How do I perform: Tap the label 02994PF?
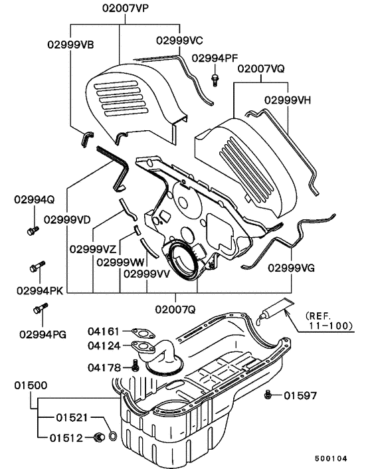pyautogui.click(x=214, y=58)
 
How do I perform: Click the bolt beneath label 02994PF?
pyautogui.click(x=215, y=80)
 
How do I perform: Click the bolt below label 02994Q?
pyautogui.click(x=31, y=232)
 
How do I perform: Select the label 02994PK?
pyautogui.click(x=38, y=290)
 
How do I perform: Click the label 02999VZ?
pyautogui.click(x=92, y=250)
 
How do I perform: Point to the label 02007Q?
pyautogui.click(x=175, y=308)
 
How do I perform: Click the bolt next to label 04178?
pyautogui.click(x=136, y=365)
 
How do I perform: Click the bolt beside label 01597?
pyautogui.click(x=267, y=395)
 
